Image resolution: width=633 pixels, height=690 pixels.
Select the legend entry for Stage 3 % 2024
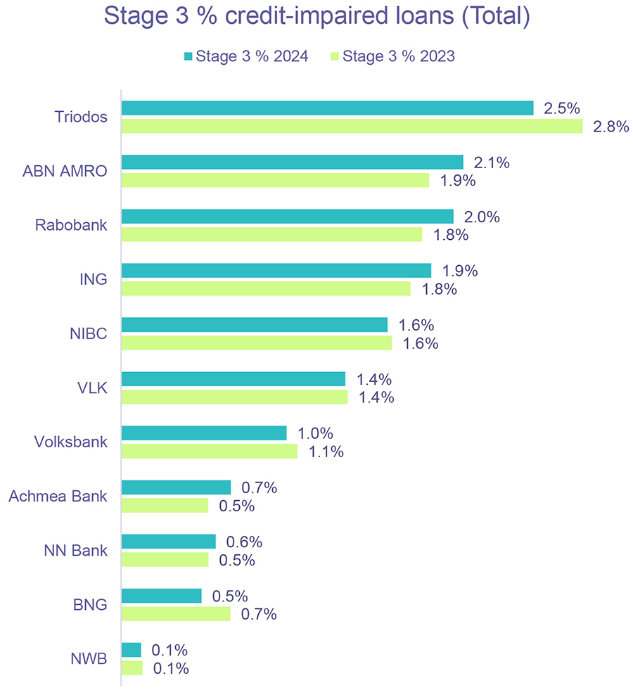point(246,57)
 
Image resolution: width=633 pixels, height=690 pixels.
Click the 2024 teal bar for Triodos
point(327,108)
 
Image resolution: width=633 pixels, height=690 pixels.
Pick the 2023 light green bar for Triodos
point(352,126)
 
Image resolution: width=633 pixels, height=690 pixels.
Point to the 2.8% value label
point(610,127)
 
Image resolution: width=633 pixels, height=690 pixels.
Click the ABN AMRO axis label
point(65,171)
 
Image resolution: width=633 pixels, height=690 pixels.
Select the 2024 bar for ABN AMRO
point(292,162)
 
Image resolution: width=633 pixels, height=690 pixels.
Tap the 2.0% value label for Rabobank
point(482,217)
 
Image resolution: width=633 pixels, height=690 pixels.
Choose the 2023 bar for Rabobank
point(271,234)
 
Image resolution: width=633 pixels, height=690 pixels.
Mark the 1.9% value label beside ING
point(460,271)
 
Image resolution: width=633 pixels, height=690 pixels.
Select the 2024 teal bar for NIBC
point(254,324)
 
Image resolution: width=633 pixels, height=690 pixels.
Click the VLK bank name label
point(93,388)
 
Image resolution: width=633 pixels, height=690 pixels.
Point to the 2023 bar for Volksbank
point(209,451)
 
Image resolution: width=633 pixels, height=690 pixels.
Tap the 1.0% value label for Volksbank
point(315,433)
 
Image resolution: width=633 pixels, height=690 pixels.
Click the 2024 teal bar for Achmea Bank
point(176,487)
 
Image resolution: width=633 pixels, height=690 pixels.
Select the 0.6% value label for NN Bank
point(244,542)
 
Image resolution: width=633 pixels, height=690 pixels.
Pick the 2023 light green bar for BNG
point(175,614)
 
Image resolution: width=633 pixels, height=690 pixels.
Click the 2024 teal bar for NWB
point(131,649)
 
